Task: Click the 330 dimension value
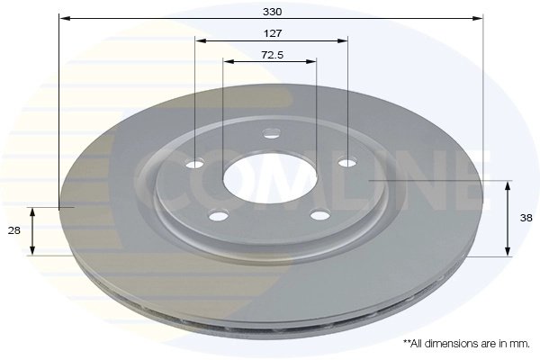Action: [x=273, y=12]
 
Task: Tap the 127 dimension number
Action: [x=273, y=33]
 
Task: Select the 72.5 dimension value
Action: [x=273, y=55]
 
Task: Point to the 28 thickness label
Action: [x=14, y=230]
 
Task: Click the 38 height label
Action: [x=526, y=218]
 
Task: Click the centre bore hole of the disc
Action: [x=270, y=178]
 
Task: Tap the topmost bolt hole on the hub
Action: [x=272, y=132]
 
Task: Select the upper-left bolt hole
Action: [x=195, y=164]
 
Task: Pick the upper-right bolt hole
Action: [x=347, y=162]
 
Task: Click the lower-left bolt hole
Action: [x=219, y=216]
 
